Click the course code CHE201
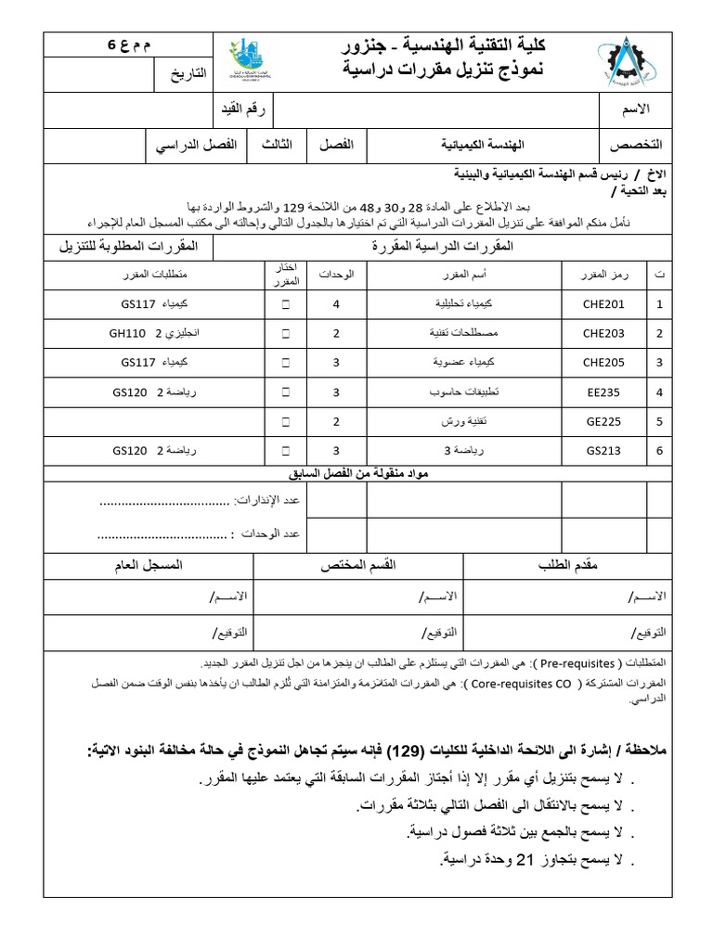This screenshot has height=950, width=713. [603, 304]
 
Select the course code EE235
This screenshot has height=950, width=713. [603, 392]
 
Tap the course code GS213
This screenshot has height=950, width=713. [603, 451]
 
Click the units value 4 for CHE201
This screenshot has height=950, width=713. [336, 304]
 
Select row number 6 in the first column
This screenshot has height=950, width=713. [659, 451]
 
